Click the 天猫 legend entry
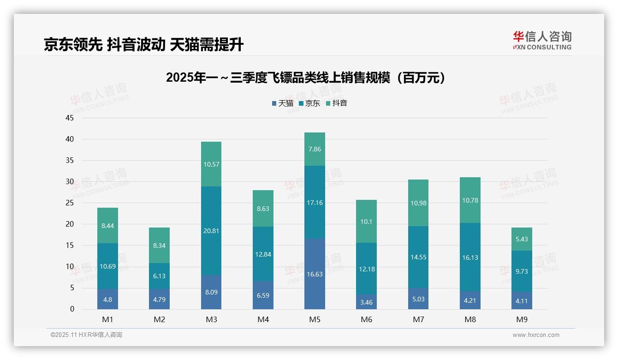click(x=283, y=103)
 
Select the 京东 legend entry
click(x=309, y=103)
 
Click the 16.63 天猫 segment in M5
click(x=315, y=274)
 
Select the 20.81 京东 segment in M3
click(x=211, y=231)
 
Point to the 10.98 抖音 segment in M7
click(x=418, y=203)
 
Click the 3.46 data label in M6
click(x=367, y=302)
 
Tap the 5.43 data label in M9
click(x=522, y=239)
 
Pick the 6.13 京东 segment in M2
click(x=159, y=276)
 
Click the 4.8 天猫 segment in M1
click(x=107, y=299)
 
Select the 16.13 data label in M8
click(x=470, y=258)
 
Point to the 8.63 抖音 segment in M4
click(x=263, y=209)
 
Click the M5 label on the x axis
click(x=315, y=319)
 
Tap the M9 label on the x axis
click(x=522, y=319)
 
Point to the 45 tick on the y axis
click(x=70, y=118)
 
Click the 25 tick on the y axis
click(x=70, y=203)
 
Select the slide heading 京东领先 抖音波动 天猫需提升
click(x=143, y=44)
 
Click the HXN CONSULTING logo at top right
click(x=542, y=41)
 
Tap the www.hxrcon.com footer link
click(x=535, y=335)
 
